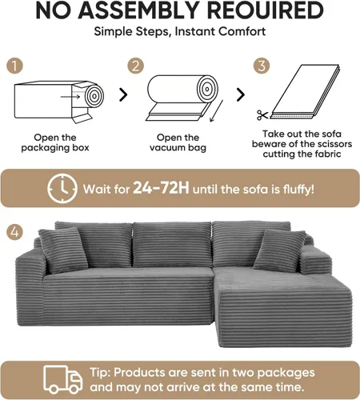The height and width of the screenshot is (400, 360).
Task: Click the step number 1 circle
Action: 15,66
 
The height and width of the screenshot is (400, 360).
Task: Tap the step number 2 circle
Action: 135,66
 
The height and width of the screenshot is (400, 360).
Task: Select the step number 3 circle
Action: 262,66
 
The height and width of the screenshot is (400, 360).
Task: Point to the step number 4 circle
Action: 15,231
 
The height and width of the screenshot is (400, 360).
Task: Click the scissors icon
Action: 262,115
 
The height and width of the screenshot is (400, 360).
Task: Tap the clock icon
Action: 62,189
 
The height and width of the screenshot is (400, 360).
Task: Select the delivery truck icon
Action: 63,379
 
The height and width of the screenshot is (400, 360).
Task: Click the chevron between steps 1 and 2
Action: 123,94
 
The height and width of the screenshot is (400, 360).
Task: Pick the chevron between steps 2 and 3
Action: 241,94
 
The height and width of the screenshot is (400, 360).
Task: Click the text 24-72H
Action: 161,188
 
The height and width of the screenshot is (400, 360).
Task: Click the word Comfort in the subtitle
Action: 242,31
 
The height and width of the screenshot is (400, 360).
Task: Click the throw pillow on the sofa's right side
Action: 279,250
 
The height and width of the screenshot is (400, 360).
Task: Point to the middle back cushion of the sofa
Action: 172,244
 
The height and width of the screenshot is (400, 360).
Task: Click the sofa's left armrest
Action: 30,290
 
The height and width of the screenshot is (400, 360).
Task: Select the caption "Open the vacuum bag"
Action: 178,142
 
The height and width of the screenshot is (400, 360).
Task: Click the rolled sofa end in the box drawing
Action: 94,96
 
